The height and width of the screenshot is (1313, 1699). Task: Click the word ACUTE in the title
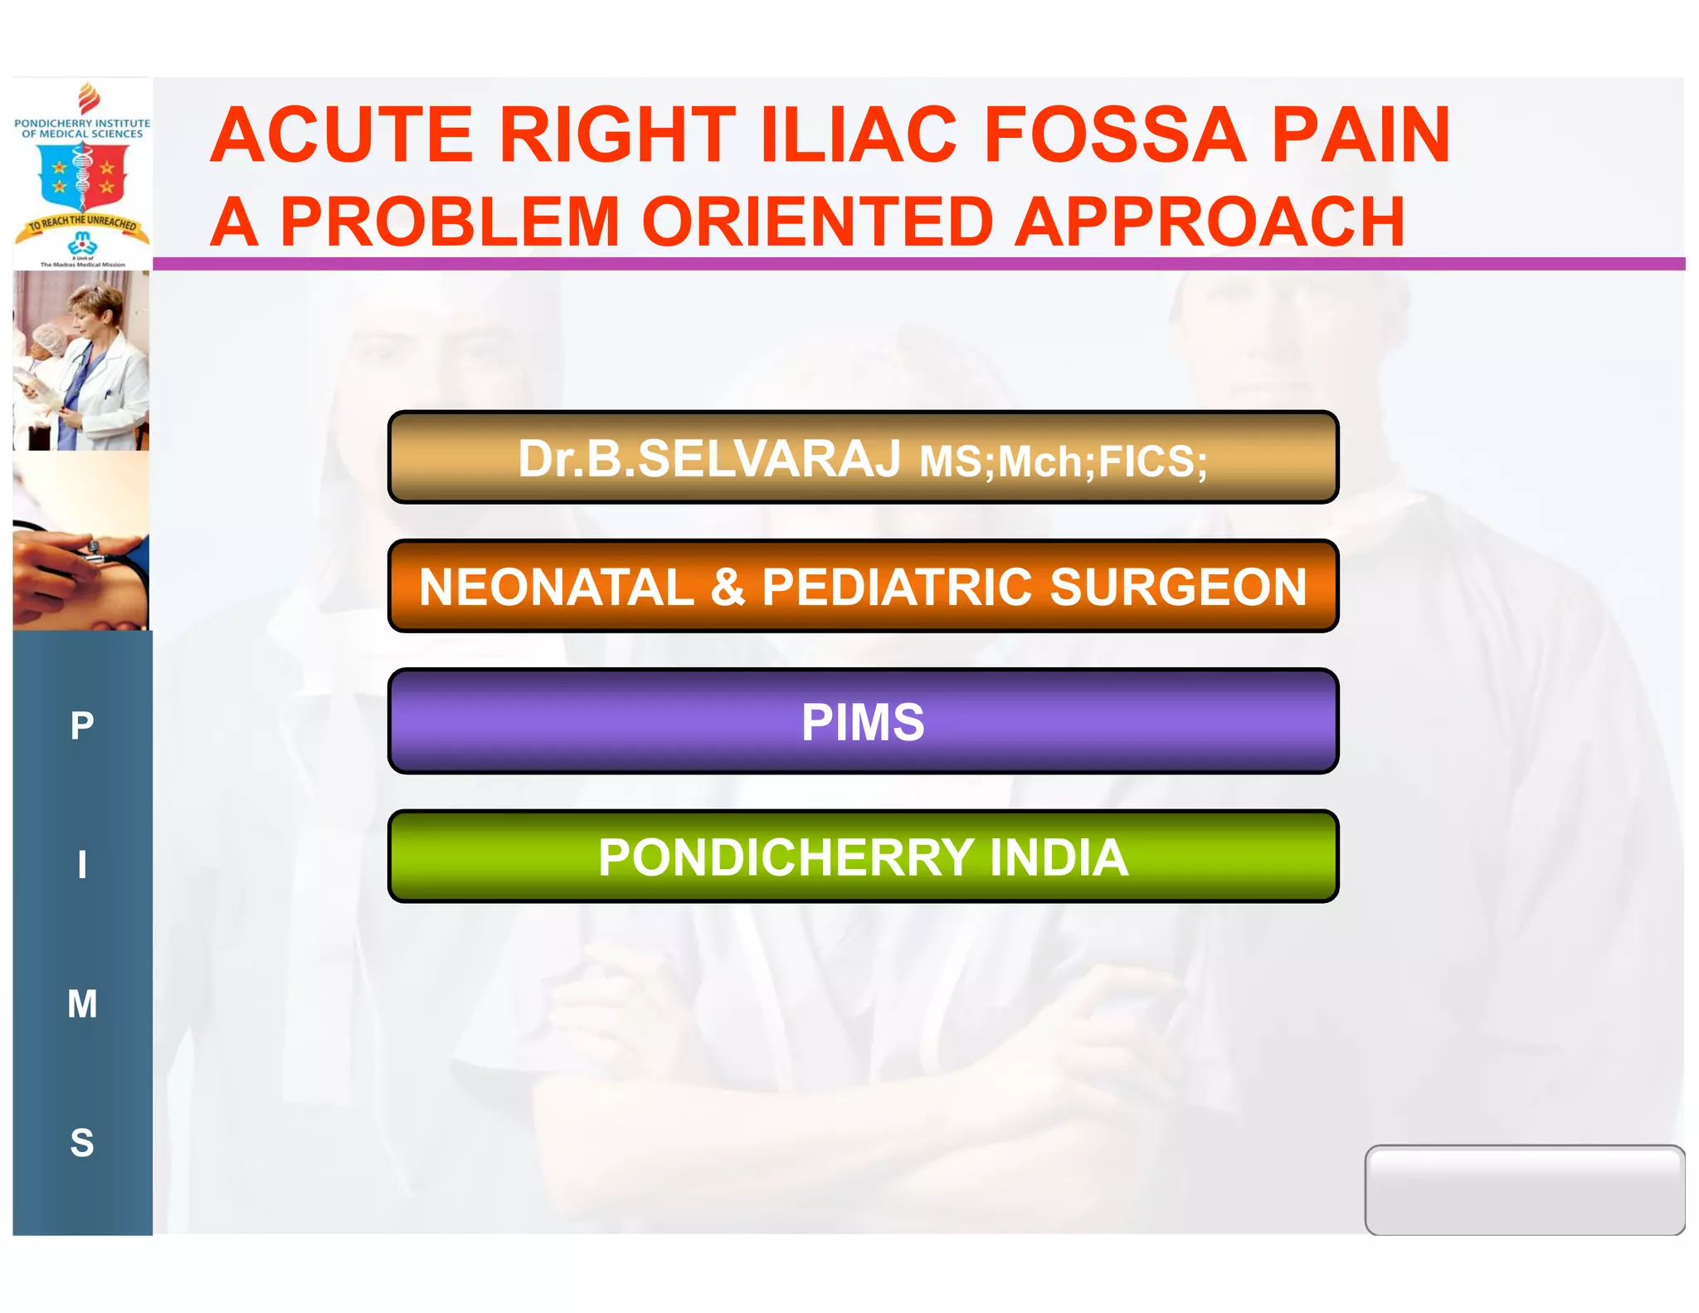click(341, 135)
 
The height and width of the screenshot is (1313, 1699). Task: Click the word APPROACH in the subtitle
click(1210, 222)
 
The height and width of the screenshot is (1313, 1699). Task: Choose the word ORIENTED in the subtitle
click(817, 222)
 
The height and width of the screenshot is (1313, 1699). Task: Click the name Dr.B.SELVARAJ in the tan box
click(709, 459)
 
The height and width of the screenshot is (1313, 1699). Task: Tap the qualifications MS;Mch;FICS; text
click(1063, 461)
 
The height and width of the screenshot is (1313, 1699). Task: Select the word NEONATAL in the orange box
click(557, 588)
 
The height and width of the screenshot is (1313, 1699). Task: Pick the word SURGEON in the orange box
click(1178, 588)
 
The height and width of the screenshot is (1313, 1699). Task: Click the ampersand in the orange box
click(728, 588)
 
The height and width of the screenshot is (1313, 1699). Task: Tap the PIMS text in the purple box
click(863, 722)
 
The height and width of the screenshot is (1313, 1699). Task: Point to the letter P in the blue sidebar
click(82, 726)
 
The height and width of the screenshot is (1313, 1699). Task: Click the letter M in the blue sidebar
click(82, 1004)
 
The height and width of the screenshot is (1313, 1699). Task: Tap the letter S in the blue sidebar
click(82, 1144)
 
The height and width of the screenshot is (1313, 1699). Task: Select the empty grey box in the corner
click(1524, 1189)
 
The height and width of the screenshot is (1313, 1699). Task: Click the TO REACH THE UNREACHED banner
click(82, 223)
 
